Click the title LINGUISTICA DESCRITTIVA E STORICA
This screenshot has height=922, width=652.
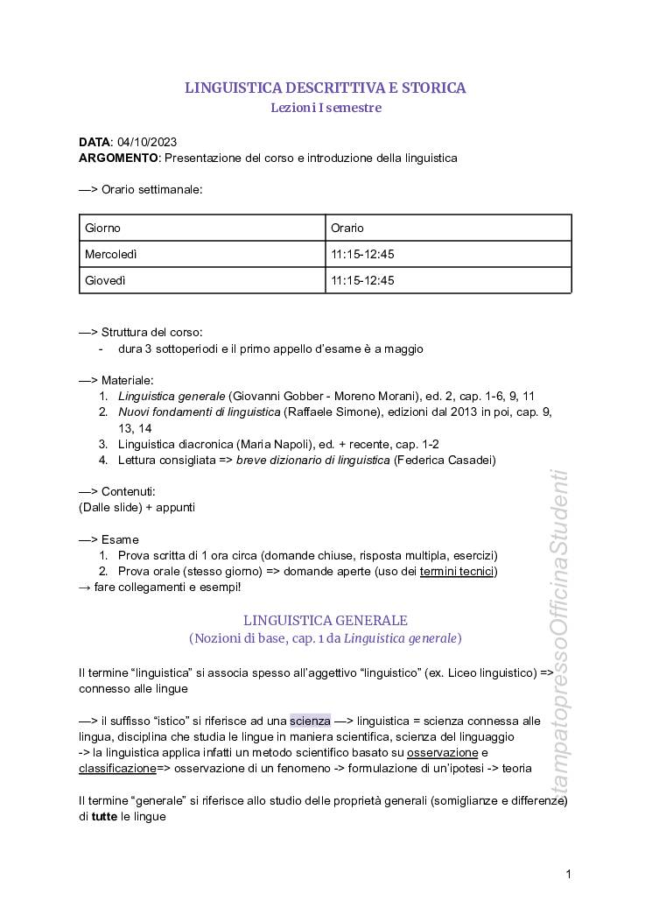tap(325, 88)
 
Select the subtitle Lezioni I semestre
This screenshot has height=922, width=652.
tap(325, 108)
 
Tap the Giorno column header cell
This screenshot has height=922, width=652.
tap(201, 228)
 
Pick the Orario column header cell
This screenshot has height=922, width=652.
tap(448, 228)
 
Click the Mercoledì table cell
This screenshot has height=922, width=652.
tap(201, 254)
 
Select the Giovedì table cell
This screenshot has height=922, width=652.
tap(201, 280)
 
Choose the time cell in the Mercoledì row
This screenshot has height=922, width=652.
tap(448, 254)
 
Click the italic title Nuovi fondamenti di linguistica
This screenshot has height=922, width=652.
tap(200, 411)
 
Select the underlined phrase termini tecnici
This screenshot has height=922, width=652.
tap(457, 571)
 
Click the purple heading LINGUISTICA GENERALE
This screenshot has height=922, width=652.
tap(325, 620)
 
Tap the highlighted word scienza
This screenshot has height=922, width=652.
tap(310, 721)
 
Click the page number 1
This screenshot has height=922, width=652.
tap(569, 873)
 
